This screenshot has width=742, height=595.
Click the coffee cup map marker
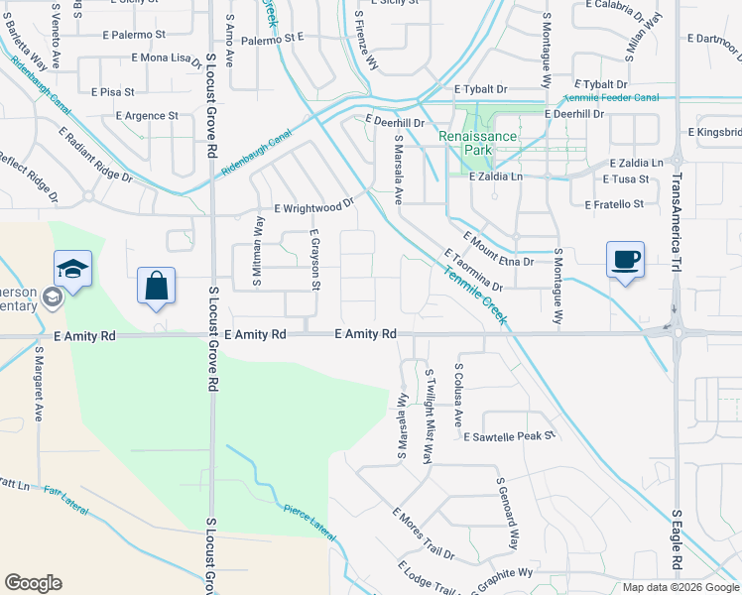[x=625, y=261]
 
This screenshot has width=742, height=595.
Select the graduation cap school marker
[x=72, y=270]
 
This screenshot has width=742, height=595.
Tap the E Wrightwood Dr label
[x=313, y=208]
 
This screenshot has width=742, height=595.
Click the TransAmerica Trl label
[x=677, y=220]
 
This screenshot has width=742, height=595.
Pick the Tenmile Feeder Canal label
[x=611, y=98]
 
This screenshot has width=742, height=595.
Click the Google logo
[x=33, y=583]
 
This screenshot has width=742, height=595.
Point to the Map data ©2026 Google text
[x=680, y=587]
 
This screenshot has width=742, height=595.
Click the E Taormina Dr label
[x=475, y=269]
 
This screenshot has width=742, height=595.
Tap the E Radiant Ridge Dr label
[x=95, y=154]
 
